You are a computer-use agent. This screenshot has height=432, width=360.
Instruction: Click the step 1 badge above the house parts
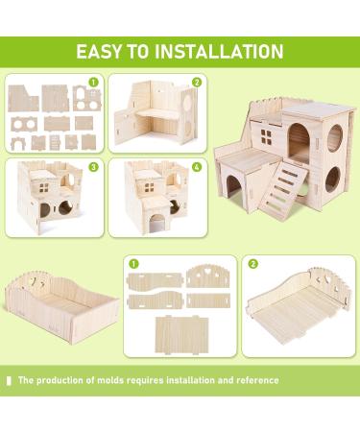(93, 83)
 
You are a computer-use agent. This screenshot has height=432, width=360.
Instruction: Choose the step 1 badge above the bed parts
(133, 263)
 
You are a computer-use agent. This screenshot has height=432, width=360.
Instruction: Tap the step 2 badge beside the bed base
(253, 263)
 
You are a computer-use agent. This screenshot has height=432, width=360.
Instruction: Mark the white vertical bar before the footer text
(10, 380)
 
